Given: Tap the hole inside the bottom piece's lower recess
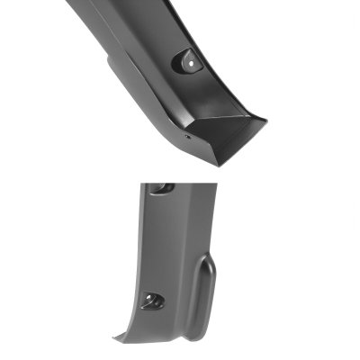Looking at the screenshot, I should (x=149, y=301).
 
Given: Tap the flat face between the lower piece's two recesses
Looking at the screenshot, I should (x=166, y=243).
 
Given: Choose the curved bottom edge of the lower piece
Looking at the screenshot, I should (x=171, y=345).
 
